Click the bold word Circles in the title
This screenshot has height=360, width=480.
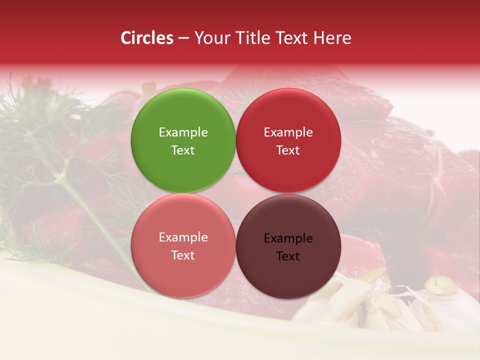pyautogui.click(x=146, y=38)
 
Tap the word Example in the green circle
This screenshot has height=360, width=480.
pyautogui.click(x=183, y=132)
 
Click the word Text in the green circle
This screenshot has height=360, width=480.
pyautogui.click(x=183, y=150)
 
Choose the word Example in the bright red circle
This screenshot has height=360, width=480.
pyautogui.click(x=288, y=132)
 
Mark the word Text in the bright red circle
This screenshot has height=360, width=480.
pyautogui.click(x=288, y=150)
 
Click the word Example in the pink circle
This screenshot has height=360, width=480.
pyautogui.click(x=183, y=237)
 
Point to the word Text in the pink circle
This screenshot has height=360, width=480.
pyautogui.click(x=183, y=255)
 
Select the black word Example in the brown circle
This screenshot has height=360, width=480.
pyautogui.click(x=288, y=238)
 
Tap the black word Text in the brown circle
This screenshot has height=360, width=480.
pyautogui.click(x=288, y=256)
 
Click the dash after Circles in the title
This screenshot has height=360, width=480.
pyautogui.click(x=183, y=38)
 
